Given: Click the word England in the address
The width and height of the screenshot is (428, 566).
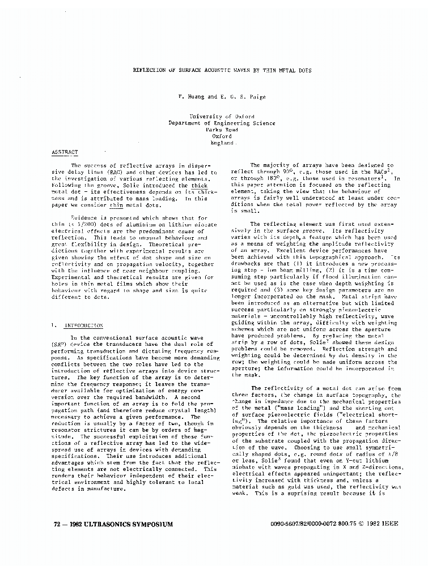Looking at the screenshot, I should (222, 143).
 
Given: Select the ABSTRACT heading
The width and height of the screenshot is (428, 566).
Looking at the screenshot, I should (65, 153).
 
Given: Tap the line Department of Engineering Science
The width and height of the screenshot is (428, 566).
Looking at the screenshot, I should (222, 123).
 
